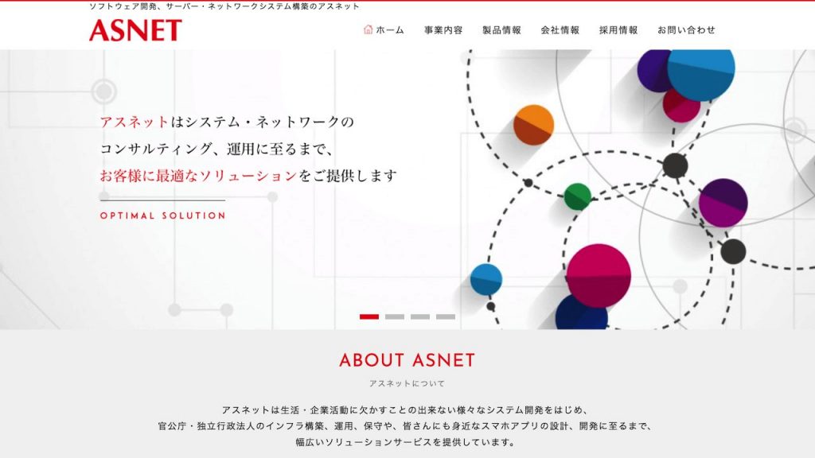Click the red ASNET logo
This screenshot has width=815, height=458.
pyautogui.click(x=135, y=30)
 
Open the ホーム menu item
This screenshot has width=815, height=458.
pyautogui.click(x=390, y=30)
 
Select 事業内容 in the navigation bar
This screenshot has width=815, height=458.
pyautogui.click(x=443, y=30)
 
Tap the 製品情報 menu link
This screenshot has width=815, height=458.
pyautogui.click(x=501, y=30)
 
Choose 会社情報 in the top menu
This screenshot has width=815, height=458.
pyautogui.click(x=560, y=30)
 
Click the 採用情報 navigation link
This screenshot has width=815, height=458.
pyautogui.click(x=618, y=30)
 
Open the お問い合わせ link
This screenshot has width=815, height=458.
pyautogui.click(x=686, y=30)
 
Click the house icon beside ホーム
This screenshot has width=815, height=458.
pyautogui.click(x=369, y=29)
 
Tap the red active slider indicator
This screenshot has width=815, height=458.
pyautogui.click(x=369, y=316)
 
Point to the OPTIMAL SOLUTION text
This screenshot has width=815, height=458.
pyautogui.click(x=163, y=215)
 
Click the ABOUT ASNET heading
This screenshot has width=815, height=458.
pyautogui.click(x=407, y=360)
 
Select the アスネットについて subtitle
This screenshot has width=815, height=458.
pyautogui.click(x=407, y=383)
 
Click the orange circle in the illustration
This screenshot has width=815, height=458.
pyautogui.click(x=533, y=125)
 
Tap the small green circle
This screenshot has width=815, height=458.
pyautogui.click(x=578, y=196)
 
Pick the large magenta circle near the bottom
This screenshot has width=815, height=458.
pyautogui.click(x=599, y=275)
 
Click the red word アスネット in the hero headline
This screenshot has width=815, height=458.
pyautogui.click(x=135, y=122)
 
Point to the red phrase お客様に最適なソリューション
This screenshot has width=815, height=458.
pyautogui.click(x=198, y=176)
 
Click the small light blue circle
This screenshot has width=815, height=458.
pyautogui.click(x=485, y=279)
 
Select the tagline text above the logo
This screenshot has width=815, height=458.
pyautogui.click(x=224, y=6)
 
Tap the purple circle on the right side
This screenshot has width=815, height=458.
pyautogui.click(x=723, y=203)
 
